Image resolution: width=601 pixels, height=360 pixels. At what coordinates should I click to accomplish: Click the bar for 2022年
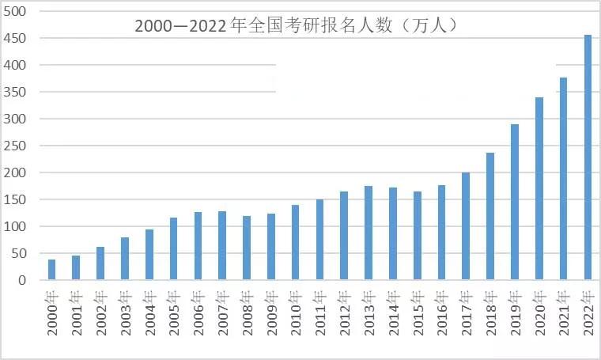(588, 157)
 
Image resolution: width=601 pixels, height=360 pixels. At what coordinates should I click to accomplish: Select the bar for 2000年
(52, 270)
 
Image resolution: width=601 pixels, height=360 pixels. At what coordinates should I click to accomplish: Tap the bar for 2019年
(515, 202)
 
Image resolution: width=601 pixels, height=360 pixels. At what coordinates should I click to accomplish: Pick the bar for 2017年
(466, 226)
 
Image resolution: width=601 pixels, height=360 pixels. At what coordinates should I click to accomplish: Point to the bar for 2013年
(369, 233)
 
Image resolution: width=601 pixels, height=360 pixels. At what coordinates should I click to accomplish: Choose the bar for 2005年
(174, 248)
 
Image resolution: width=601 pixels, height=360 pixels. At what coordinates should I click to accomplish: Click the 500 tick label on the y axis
(15, 11)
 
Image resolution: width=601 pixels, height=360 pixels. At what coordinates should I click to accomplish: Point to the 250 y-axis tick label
(15, 146)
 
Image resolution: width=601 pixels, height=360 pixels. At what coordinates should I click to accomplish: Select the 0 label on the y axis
(22, 280)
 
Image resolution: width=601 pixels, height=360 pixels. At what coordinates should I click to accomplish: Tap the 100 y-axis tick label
(15, 226)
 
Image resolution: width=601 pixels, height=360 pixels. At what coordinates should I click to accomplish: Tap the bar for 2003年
(125, 258)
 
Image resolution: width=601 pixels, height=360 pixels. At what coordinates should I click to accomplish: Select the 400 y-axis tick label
(15, 65)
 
